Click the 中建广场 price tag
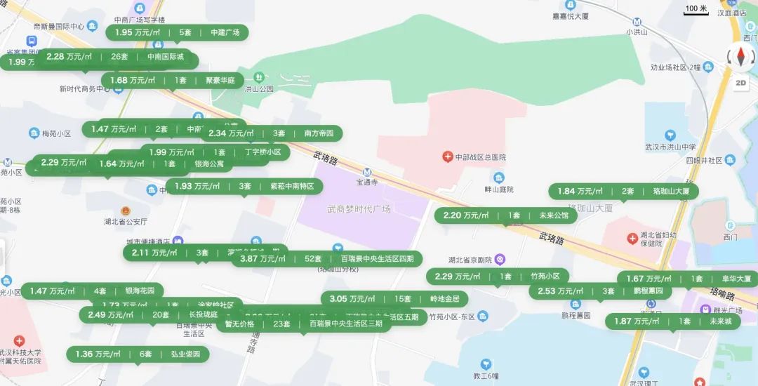pyautogui.click(x=178, y=32)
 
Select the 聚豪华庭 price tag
pyautogui.click(x=172, y=81)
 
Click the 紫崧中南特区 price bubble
pyautogui.click(x=244, y=187)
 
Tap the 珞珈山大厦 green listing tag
pyautogui.click(x=623, y=192)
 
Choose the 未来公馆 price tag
pyautogui.click(x=505, y=215)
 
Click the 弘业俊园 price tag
pyautogui.click(x=137, y=354)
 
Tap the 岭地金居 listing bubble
pyautogui.click(x=394, y=299)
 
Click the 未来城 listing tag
pyautogui.click(x=672, y=321)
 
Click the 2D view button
pyautogui.click(x=740, y=82)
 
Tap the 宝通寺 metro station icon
pyautogui.click(x=366, y=173)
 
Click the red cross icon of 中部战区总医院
pyautogui.click(x=447, y=157)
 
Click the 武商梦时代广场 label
pyautogui.click(x=359, y=209)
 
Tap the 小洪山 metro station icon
pyautogui.click(x=637, y=22)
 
